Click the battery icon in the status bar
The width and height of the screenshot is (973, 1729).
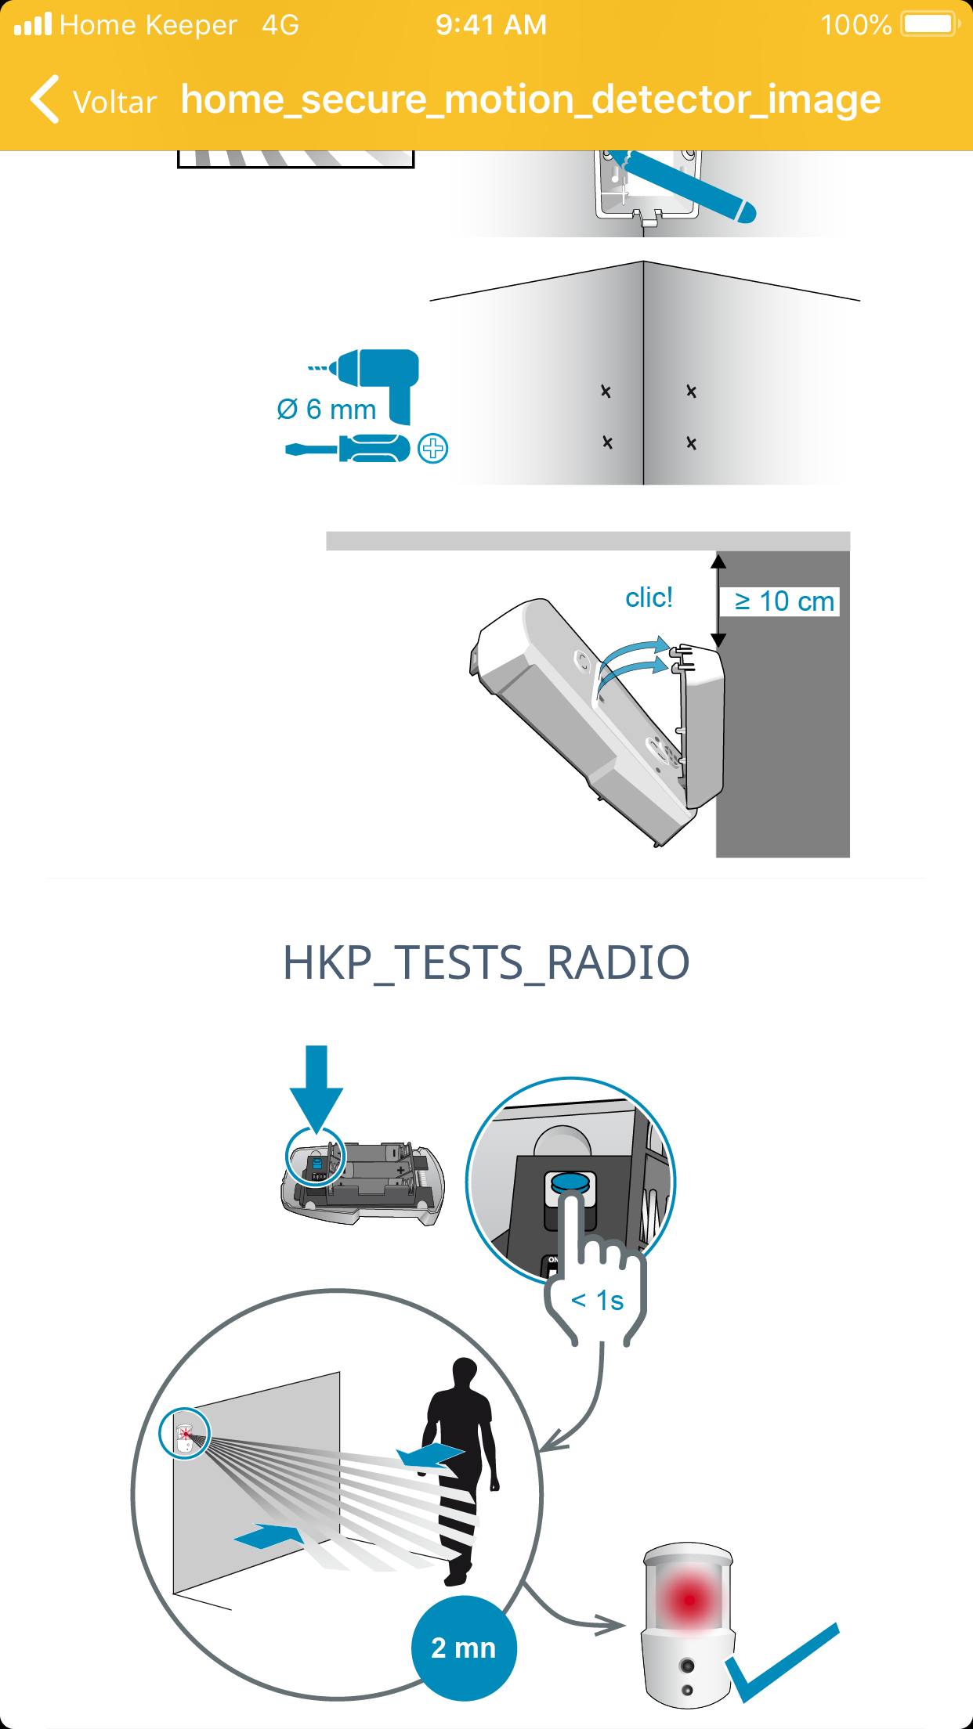pyautogui.click(x=931, y=24)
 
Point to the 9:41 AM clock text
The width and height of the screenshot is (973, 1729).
pyautogui.click(x=491, y=25)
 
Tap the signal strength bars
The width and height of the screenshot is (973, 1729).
pyautogui.click(x=33, y=23)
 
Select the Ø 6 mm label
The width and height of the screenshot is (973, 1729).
pyautogui.click(x=327, y=409)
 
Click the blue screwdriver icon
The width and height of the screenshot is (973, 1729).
pyautogui.click(x=348, y=449)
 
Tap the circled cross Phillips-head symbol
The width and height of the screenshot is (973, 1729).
pyautogui.click(x=433, y=449)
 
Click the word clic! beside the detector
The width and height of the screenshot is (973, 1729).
pyautogui.click(x=649, y=597)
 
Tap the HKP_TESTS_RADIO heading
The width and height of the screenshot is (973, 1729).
pyautogui.click(x=486, y=962)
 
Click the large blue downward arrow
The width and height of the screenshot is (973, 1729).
pyautogui.click(x=316, y=1088)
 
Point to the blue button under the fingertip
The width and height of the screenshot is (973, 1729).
pyautogui.click(x=570, y=1181)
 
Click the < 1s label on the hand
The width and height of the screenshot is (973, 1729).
pyautogui.click(x=597, y=1301)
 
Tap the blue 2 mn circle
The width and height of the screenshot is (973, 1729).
pyautogui.click(x=464, y=1648)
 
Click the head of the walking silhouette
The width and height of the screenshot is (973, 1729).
pyautogui.click(x=465, y=1374)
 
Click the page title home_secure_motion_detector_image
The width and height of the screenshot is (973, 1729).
pyautogui.click(x=531, y=100)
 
